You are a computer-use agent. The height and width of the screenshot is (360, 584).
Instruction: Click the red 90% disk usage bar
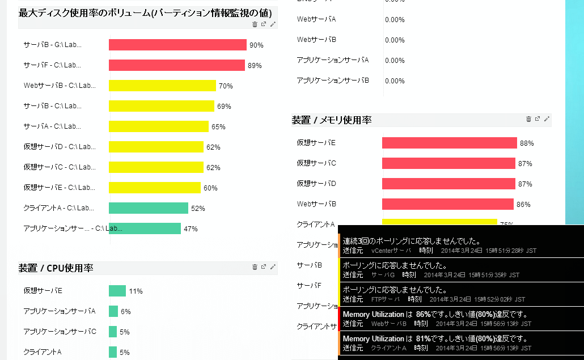tap(177, 45)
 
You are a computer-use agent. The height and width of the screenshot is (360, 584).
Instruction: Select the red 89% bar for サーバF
tap(177, 65)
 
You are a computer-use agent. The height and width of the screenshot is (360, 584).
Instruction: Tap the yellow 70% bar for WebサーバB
tap(163, 86)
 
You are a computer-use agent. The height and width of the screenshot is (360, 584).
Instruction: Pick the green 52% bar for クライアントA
tap(149, 208)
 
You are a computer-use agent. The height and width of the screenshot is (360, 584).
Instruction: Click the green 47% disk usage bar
tap(145, 228)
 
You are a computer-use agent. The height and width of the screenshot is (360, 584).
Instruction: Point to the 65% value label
tap(218, 127)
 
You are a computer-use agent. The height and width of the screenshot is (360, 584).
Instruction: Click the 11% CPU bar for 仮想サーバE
tap(117, 291)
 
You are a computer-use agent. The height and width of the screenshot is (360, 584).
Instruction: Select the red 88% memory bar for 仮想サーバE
tap(450, 143)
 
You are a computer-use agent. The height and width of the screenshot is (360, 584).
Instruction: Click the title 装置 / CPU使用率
tap(56, 268)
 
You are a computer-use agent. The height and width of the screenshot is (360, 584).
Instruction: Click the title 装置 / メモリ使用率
tap(332, 120)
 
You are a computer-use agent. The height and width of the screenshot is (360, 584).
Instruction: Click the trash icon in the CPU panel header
tap(255, 267)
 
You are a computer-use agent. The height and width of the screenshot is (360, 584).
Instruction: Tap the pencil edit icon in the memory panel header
tap(547, 119)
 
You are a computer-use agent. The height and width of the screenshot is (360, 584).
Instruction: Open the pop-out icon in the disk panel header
tap(264, 24)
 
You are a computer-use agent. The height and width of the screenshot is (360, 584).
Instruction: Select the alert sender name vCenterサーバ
tap(391, 250)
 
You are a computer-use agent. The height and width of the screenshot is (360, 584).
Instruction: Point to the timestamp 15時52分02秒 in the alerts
tap(500, 299)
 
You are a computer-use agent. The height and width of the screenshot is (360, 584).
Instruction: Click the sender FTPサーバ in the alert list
tap(384, 299)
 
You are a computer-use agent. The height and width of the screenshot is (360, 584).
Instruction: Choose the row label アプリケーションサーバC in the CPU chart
tap(60, 332)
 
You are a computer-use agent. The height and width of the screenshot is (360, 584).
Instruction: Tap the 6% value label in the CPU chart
tap(126, 311)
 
